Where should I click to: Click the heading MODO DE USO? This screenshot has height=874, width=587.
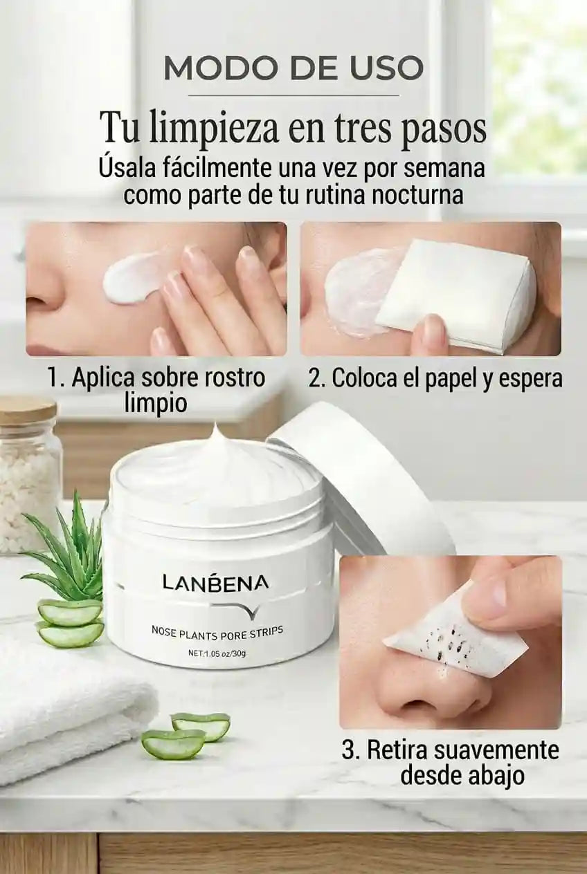click(x=293, y=68)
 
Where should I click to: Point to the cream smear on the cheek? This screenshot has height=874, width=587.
click(x=134, y=281)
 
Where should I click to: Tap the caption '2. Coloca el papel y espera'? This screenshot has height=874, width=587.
click(x=435, y=378)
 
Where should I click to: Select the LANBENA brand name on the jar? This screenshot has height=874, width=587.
click(x=215, y=583)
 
